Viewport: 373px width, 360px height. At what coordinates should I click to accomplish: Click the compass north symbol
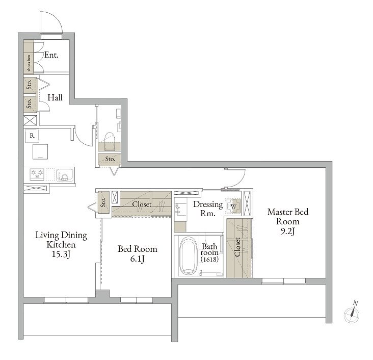pos(352,313)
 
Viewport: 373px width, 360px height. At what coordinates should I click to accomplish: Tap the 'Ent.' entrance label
pos(51,55)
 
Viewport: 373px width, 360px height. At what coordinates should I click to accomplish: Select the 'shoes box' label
pos(29,63)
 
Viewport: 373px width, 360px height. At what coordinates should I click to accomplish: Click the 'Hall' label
pos(55,97)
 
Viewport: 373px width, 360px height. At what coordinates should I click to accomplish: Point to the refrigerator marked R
pos(32,136)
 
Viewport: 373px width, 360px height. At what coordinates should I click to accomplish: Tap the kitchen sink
pos(64,175)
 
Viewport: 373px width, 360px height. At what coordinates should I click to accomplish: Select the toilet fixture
pos(110,141)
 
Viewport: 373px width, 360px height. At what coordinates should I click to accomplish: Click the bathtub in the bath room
pos(189,255)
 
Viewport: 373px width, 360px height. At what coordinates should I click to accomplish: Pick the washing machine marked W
pos(233,206)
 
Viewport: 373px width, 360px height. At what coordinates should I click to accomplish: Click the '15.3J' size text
pos(61,254)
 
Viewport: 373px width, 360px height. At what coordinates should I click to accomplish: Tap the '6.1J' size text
pos(137,259)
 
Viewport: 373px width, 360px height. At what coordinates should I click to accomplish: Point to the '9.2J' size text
pos(287,231)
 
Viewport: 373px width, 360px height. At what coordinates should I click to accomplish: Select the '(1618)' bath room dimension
pos(209,259)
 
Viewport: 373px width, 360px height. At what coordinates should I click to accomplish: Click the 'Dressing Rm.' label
pos(208,209)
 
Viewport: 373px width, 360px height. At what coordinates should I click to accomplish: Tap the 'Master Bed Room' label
pos(288,216)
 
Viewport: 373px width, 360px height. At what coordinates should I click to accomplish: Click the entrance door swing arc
pos(58,18)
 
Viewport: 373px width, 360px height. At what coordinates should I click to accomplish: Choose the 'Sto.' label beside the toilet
pos(110,159)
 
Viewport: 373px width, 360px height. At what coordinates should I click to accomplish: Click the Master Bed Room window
pos(283,281)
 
